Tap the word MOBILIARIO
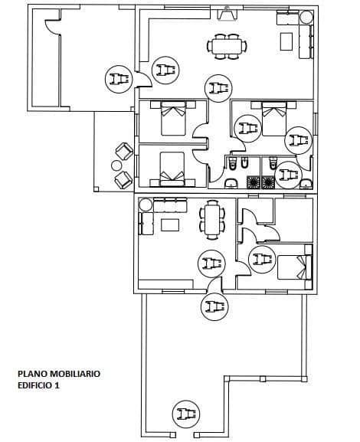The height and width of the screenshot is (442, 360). click(74, 374)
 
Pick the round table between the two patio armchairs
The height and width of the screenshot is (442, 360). click(116, 165)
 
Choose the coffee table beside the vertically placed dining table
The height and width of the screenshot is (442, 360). click(169, 224)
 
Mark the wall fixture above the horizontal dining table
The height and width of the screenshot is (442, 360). click(227, 13)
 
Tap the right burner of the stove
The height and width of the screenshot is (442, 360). click(268, 182)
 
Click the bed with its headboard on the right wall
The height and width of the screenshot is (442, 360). click(296, 266)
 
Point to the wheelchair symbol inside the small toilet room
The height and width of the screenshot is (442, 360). click(287, 175)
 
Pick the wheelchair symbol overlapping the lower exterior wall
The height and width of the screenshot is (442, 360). click(213, 306)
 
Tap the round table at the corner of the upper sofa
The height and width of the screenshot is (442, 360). click(306, 17)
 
